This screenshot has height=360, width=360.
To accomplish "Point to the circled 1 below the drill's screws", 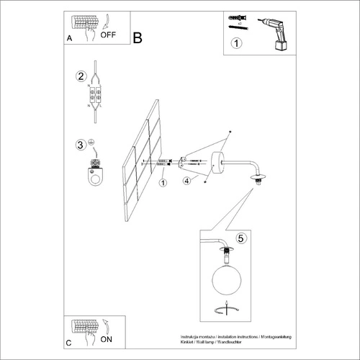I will (238, 44).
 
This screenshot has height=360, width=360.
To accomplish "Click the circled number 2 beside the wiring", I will (81, 76).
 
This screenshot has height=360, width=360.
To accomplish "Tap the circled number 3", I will (81, 145).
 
